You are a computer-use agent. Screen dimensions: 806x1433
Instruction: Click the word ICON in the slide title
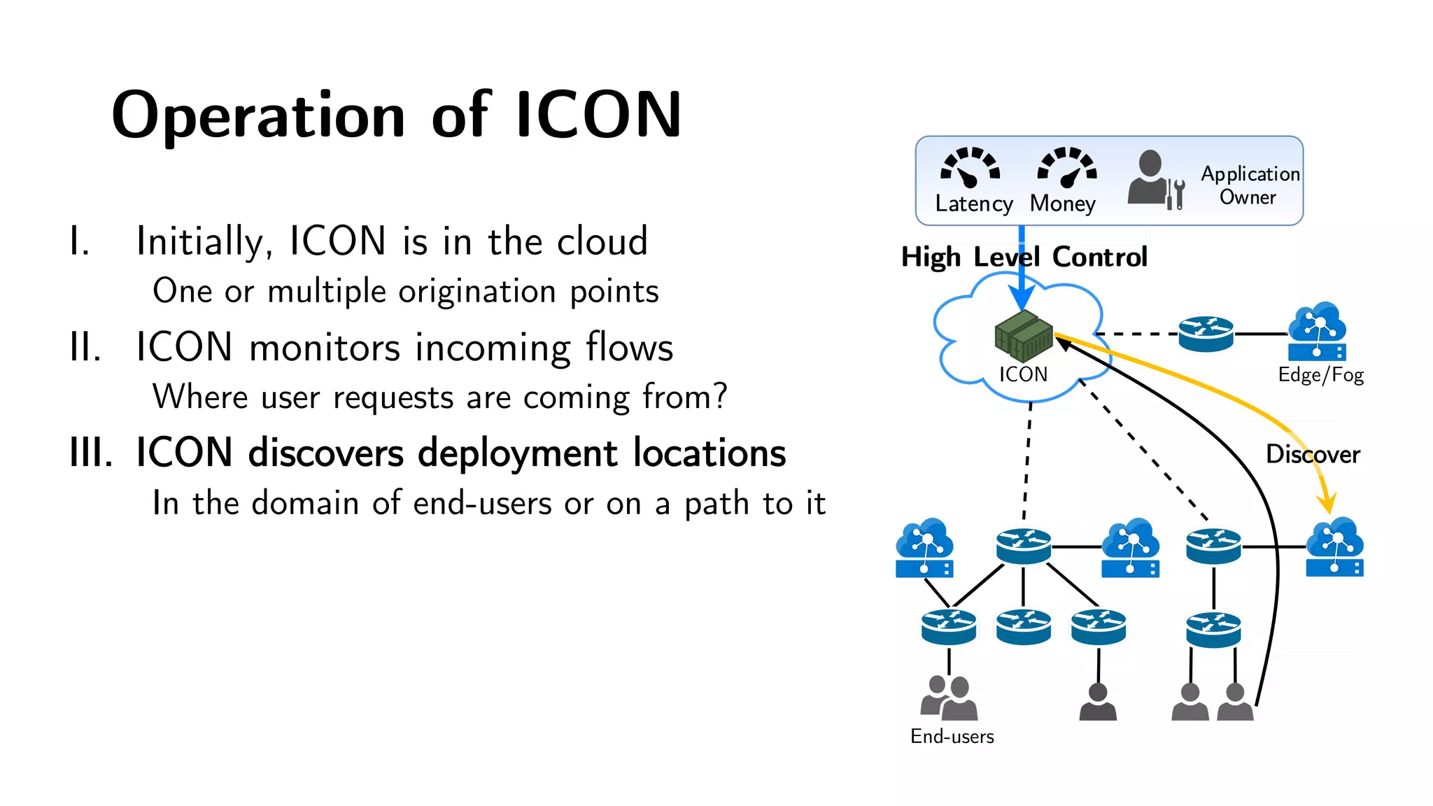tap(598, 115)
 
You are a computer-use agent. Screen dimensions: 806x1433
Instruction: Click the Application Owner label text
tap(1250, 185)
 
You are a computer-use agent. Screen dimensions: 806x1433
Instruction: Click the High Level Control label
tap(1024, 257)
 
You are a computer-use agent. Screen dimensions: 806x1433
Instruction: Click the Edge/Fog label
tap(1320, 375)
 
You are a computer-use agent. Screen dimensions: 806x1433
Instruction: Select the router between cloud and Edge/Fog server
tap(1206, 334)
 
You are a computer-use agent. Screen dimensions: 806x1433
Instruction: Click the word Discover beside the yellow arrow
tap(1313, 455)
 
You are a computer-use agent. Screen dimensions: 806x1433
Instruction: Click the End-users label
tap(952, 737)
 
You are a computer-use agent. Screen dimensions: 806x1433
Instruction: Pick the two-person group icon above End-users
tap(949, 698)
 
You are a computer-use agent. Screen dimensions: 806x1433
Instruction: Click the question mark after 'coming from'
tap(720, 396)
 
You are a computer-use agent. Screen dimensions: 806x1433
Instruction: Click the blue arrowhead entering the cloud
tap(1022, 299)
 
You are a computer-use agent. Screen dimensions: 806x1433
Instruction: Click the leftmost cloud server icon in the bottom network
tap(924, 549)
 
